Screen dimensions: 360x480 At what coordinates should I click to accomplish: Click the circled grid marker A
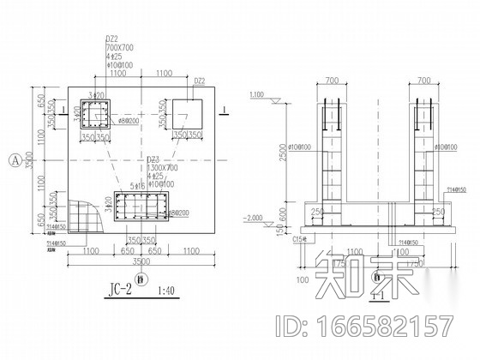click(x=15, y=159)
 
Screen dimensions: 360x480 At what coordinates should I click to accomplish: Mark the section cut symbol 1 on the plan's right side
click(x=222, y=110)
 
